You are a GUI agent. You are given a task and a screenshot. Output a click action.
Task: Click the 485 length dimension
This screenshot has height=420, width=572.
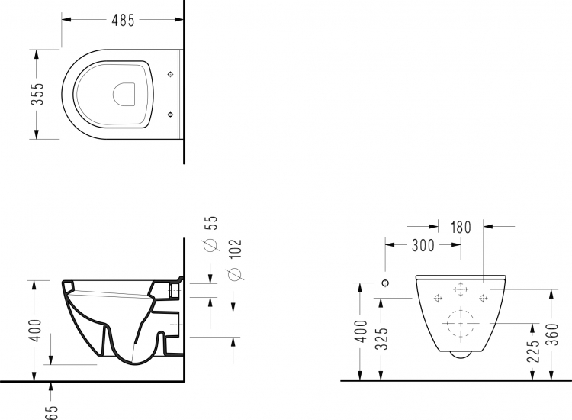click(123, 20)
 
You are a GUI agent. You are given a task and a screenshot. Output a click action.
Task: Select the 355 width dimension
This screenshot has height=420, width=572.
click(37, 94)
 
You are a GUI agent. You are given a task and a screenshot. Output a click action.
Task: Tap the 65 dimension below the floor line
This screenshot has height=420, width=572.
click(52, 412)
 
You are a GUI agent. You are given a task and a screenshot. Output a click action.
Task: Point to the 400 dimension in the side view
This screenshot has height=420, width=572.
click(35, 331)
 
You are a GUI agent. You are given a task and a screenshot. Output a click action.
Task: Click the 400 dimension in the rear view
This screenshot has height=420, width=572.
click(362, 331)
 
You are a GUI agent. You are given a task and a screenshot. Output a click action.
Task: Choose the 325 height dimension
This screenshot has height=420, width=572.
click(382, 338)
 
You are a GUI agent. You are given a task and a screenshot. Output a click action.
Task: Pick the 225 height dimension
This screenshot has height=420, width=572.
click(533, 351)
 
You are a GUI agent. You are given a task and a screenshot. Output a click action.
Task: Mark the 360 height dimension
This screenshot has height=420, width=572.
click(553, 334)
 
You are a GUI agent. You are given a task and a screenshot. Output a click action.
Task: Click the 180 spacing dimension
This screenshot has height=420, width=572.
click(461, 227)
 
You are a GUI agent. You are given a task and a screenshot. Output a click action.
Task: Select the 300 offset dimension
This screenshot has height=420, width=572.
click(423, 245)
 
